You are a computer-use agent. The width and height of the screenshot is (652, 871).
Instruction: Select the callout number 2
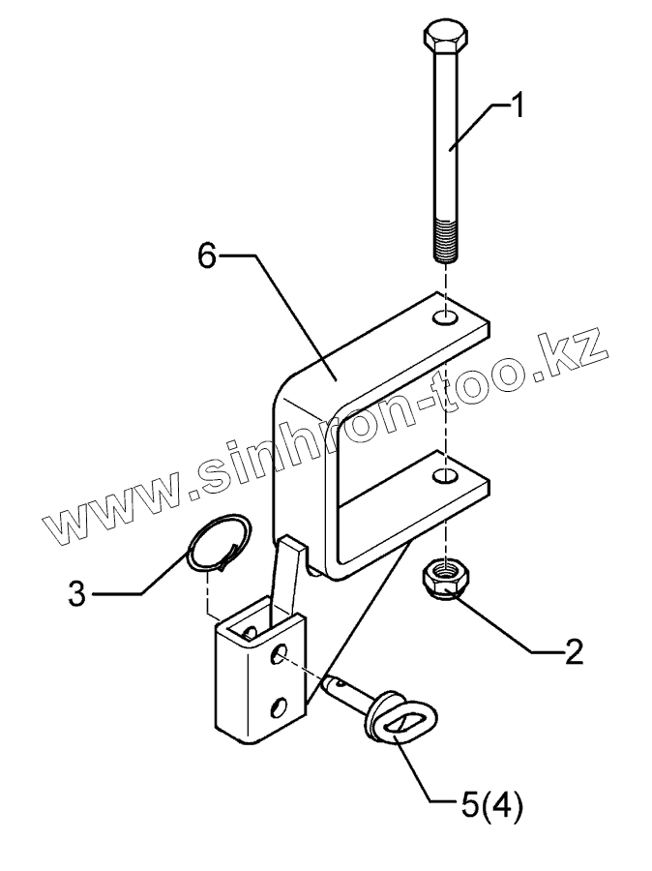(574, 651)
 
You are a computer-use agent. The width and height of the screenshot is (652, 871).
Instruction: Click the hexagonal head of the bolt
(448, 39)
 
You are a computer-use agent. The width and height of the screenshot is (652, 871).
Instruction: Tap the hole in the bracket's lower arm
(445, 476)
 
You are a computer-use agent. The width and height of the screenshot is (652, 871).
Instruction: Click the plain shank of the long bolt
(447, 135)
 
